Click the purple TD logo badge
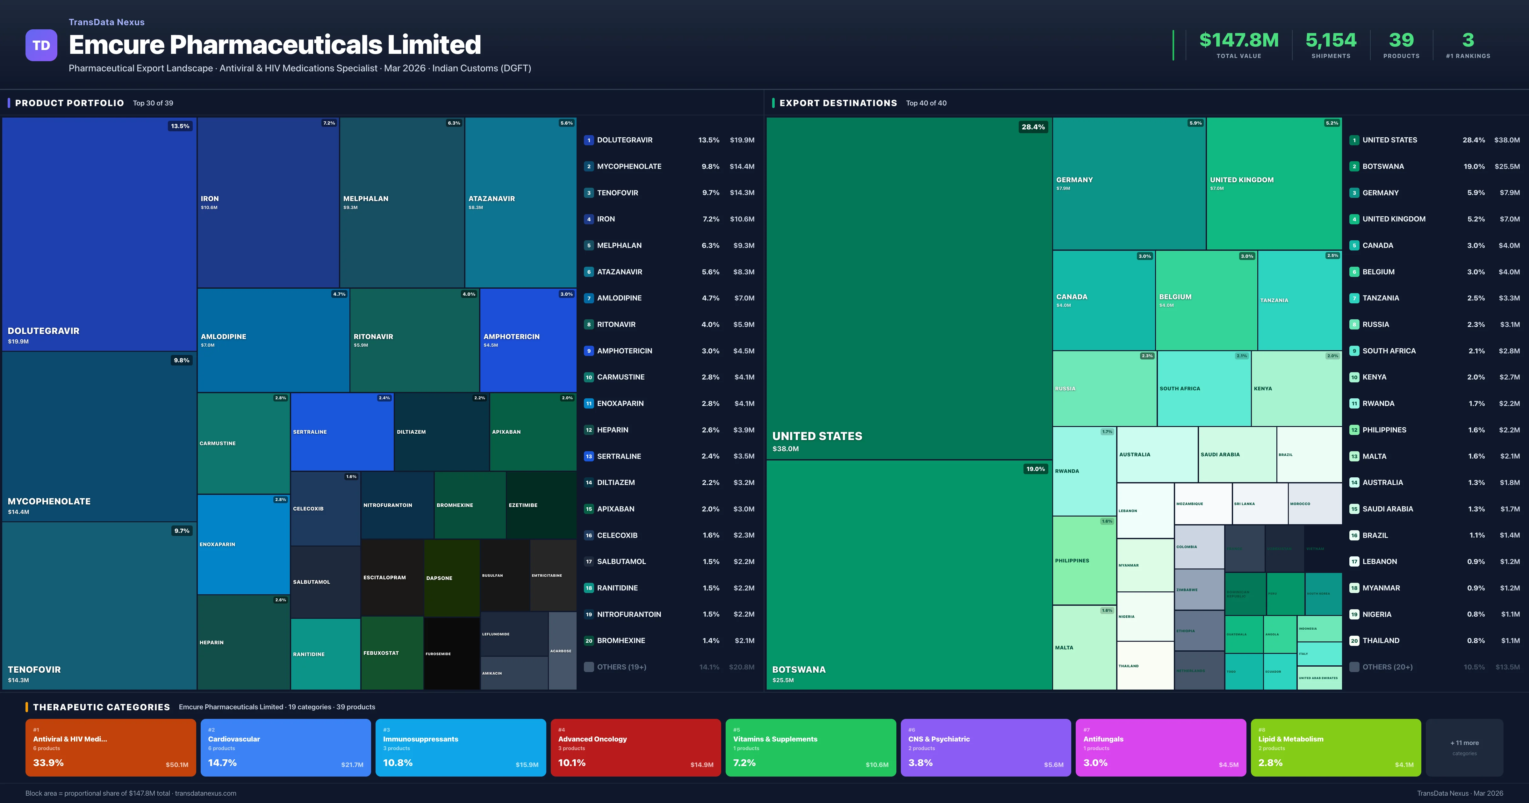41,45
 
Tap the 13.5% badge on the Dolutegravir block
180,126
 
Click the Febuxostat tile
392,653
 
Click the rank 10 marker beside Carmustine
588,377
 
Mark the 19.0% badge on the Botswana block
1035,469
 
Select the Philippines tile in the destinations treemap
1084,561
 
